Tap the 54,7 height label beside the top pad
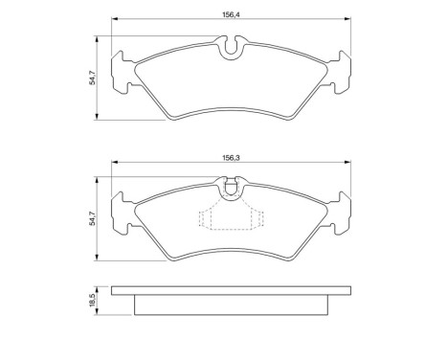pos(92,78)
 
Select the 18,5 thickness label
pos(92,300)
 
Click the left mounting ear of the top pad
pos(122,74)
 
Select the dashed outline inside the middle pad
pos(229,220)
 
